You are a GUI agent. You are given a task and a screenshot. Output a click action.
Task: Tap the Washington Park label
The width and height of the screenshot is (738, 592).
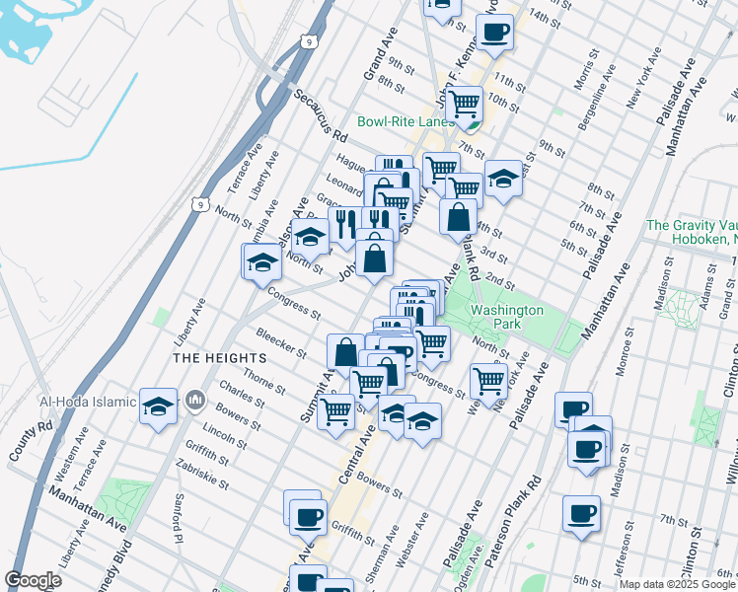pos(507,317)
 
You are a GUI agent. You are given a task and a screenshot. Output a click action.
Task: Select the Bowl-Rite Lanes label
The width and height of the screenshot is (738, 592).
pos(406,121)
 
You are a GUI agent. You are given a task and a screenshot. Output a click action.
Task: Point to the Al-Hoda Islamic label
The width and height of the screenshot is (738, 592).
pos(87,402)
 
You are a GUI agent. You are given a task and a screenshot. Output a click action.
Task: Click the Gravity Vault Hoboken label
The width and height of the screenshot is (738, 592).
pos(691,233)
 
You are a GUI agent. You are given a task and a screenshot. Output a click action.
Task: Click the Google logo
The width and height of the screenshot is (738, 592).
pos(33,580)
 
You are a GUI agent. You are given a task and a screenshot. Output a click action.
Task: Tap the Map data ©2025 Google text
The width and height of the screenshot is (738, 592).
pos(676,584)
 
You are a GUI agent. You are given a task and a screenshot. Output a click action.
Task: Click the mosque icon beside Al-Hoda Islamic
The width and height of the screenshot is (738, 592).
pos(194,402)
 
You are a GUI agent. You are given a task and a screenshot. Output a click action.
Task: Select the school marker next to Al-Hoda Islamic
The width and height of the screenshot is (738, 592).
pos(158,406)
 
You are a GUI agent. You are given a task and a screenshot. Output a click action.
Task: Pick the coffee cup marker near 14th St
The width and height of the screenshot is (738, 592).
pos(494,32)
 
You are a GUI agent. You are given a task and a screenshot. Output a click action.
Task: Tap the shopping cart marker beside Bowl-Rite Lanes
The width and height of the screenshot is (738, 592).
pos(463,102)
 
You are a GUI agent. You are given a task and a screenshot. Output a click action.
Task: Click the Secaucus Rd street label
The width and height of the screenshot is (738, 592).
pos(321,115)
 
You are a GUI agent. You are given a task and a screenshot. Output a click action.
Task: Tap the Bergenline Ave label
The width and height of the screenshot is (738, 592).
pos(601,91)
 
